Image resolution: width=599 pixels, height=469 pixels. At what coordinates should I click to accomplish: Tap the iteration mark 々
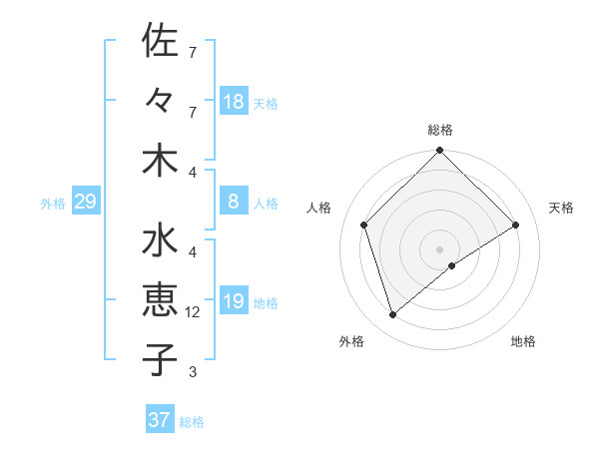point(160,100)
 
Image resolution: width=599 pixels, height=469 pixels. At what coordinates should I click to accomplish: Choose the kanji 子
point(160,358)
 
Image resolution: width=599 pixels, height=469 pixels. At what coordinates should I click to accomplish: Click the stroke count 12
point(194,312)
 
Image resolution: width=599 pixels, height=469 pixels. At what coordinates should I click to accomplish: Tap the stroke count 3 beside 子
point(193,372)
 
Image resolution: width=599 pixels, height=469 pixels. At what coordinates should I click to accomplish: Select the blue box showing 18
point(234,102)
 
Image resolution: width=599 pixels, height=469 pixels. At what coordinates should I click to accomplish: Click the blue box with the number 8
point(234,202)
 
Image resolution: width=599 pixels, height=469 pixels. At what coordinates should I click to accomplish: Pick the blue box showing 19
point(234,301)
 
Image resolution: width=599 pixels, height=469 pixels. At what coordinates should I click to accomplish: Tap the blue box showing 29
point(85,203)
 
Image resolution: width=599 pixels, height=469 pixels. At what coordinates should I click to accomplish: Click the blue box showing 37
point(160,420)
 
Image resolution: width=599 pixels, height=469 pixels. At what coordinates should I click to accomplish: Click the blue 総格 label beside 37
point(192,422)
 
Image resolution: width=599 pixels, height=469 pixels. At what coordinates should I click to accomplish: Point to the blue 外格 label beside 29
point(53,204)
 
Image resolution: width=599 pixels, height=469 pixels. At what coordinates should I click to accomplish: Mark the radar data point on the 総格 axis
point(439,152)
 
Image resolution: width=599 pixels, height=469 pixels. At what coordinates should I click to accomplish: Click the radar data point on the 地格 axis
point(452,265)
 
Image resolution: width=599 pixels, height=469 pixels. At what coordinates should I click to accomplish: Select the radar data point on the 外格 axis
point(393,315)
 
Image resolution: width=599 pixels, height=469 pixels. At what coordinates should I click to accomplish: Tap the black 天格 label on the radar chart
point(562,208)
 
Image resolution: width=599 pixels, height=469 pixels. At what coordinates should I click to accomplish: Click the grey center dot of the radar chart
point(439,248)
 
